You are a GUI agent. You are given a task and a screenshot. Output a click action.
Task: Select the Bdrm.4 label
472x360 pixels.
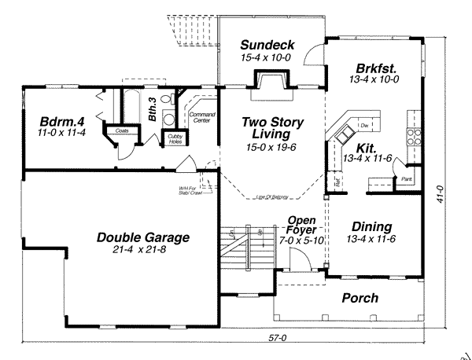point(61,122)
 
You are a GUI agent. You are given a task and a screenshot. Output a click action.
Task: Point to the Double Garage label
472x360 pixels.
point(143,237)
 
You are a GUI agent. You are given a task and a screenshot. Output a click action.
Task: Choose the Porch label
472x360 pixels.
point(360,298)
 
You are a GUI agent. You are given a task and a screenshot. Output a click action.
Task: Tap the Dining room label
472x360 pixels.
point(371,226)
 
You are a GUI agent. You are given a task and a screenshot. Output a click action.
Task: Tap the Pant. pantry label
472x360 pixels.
point(407,179)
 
